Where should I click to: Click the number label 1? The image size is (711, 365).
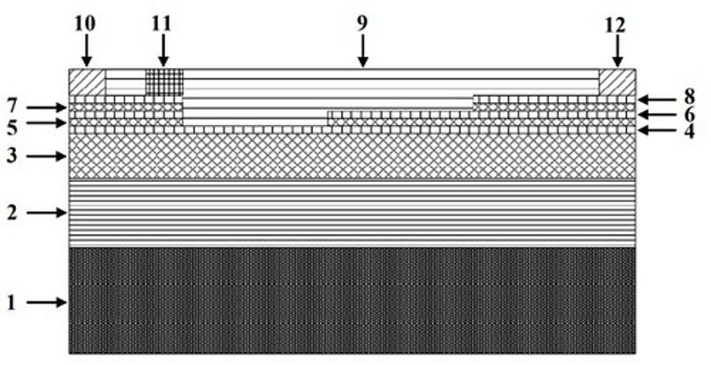[x=12, y=303]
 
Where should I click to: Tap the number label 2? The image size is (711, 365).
[x=12, y=213]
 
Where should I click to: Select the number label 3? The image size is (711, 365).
[x=12, y=156]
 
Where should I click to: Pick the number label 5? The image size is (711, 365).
[x=12, y=125]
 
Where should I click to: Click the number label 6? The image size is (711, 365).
[x=689, y=115]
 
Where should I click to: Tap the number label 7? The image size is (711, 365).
[x=12, y=107]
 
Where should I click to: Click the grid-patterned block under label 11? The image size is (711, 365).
[x=164, y=83]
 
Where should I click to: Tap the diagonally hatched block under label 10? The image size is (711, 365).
[x=87, y=82]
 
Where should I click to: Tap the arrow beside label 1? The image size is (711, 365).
[x=46, y=303]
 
